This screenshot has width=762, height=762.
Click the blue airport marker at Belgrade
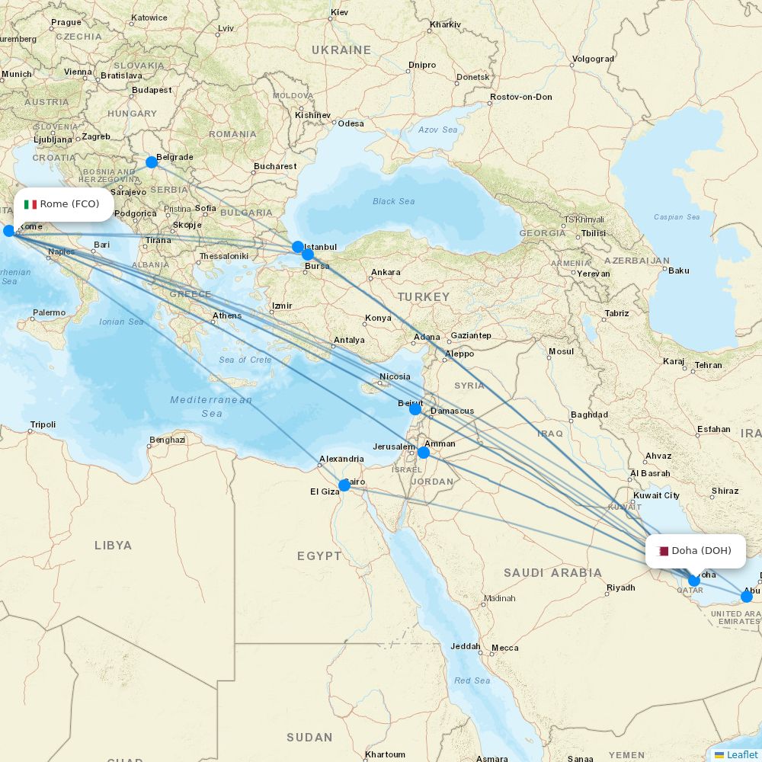point(152,162)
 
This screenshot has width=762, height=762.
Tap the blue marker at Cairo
point(344,485)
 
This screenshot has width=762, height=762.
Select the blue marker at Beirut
point(415,409)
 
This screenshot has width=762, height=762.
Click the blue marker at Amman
point(424,453)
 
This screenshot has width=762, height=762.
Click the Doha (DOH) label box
point(695,551)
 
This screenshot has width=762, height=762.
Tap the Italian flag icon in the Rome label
point(30,204)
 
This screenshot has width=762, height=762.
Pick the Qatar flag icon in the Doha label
point(663,551)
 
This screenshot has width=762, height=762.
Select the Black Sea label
point(394,202)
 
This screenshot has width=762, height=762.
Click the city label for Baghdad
point(589,415)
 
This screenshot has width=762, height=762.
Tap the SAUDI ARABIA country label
point(552,573)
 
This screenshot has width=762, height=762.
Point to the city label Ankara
point(385,273)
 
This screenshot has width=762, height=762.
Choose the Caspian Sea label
point(677,217)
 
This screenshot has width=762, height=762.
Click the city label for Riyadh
point(620,588)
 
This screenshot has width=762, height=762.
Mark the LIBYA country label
point(113,546)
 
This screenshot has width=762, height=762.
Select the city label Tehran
point(708,365)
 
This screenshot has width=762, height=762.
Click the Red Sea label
point(472,680)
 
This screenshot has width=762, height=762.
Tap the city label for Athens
point(227,315)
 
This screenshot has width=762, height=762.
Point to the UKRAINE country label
point(341,50)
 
